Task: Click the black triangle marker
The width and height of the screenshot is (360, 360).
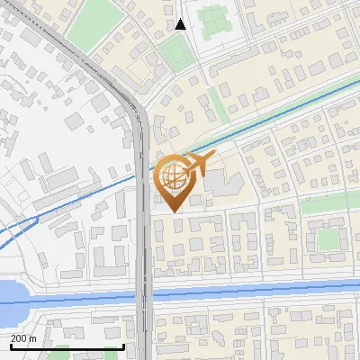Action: [181, 24]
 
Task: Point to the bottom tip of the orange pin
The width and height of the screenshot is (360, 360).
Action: [172, 211]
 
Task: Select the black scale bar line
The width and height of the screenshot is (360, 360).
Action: [67, 346]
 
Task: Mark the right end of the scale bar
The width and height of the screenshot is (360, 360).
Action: [123, 346]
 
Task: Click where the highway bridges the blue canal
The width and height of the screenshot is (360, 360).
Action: [144, 294]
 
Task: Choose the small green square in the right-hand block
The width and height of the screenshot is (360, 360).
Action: [328, 238]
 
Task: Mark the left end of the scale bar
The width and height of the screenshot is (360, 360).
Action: [10, 346]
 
